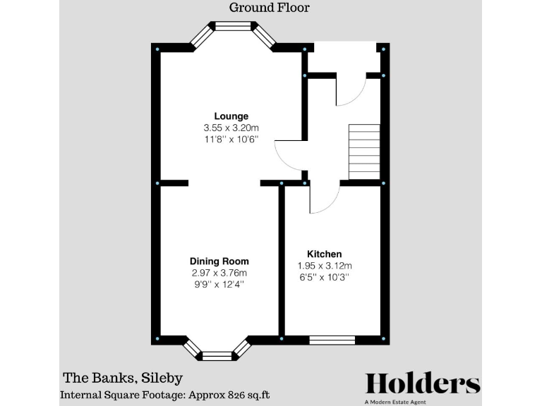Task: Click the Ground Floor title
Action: pos(270,8)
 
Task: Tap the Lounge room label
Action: pos(231,116)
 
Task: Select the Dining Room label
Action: pos(219,261)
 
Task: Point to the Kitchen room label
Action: pos(324,254)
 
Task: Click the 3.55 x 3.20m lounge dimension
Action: pos(231,128)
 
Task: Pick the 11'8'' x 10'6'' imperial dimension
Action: pos(231,140)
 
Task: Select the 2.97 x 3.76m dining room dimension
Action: pos(219,273)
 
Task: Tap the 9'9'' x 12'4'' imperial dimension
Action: pos(219,284)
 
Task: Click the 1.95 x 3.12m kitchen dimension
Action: pos(324,266)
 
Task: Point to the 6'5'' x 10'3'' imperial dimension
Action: pos(324,277)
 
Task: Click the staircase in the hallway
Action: pos(364,152)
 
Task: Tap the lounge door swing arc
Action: pos(288,155)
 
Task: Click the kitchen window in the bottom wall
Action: pos(332,340)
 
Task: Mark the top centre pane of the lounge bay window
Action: pos(233,27)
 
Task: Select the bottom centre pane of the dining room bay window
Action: pos(217,355)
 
